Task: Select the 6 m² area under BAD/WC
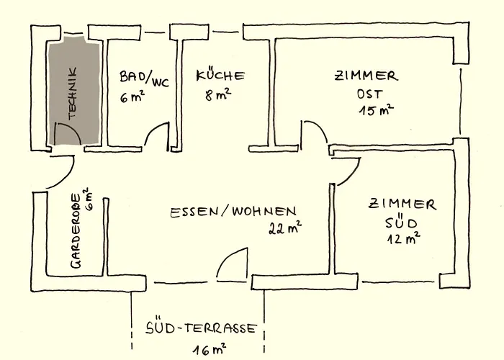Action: point(132,96)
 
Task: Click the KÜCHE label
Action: point(221,76)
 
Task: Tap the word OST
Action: point(366,94)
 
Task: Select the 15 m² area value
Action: point(375,110)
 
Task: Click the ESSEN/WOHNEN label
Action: point(232,212)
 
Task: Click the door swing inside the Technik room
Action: point(66,135)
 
